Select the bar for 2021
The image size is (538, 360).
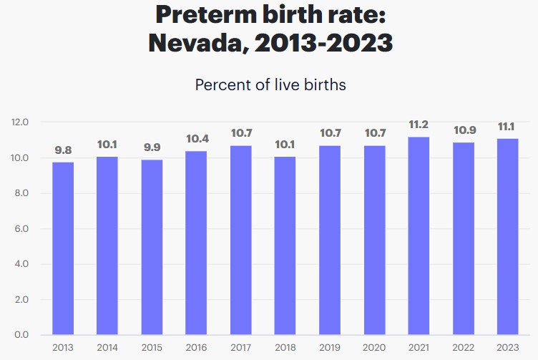click(419, 235)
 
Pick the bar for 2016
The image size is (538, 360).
click(196, 243)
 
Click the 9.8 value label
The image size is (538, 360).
click(62, 150)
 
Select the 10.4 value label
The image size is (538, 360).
click(196, 138)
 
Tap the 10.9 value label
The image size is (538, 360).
click(463, 131)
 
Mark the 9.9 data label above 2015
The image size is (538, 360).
click(152, 147)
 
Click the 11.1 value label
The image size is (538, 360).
click(507, 126)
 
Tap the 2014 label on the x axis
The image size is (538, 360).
click(107, 347)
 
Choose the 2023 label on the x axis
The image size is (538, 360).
click(507, 347)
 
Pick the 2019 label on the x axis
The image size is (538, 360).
click(330, 347)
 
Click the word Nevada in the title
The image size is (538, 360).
click(199, 42)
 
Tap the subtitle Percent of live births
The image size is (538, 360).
click(270, 84)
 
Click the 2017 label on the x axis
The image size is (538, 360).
click(240, 347)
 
